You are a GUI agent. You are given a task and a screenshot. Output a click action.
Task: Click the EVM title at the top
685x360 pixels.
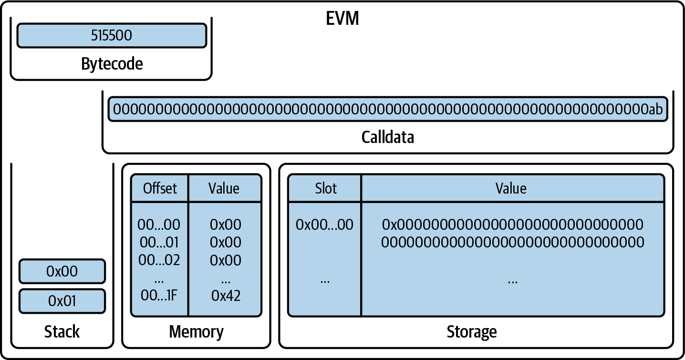click(x=342, y=19)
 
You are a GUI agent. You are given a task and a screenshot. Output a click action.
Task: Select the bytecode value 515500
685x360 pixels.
click(x=112, y=36)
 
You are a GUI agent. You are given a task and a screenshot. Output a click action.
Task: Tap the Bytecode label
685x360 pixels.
click(x=112, y=63)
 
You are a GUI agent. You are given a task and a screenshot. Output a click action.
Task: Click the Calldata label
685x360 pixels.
click(x=387, y=137)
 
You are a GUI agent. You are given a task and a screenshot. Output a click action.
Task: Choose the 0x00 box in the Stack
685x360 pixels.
click(x=62, y=271)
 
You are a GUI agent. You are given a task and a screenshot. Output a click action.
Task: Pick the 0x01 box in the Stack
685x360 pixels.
click(x=62, y=301)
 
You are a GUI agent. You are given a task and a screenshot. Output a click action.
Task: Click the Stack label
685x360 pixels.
click(x=62, y=332)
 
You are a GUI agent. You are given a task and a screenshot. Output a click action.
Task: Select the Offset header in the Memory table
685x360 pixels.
click(x=160, y=188)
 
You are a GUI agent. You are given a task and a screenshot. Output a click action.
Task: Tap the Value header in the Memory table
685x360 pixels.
click(x=224, y=188)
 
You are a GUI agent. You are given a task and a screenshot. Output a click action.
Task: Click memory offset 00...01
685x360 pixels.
click(x=159, y=243)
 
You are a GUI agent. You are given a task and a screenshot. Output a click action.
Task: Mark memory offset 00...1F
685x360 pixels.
click(x=159, y=296)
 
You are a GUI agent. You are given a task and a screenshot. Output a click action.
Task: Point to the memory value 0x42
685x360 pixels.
click(x=226, y=296)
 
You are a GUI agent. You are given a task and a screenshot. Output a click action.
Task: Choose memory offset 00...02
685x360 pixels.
click(x=159, y=260)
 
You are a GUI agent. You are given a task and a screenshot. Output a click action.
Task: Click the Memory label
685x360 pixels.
click(x=196, y=332)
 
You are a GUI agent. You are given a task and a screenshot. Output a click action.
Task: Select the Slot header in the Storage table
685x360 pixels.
click(x=325, y=188)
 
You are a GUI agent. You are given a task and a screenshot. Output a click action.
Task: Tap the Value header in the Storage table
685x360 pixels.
click(x=511, y=188)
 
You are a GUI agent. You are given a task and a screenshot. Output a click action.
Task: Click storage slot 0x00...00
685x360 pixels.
click(x=324, y=225)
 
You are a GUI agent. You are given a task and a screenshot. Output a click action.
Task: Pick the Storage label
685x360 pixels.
click(x=471, y=332)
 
